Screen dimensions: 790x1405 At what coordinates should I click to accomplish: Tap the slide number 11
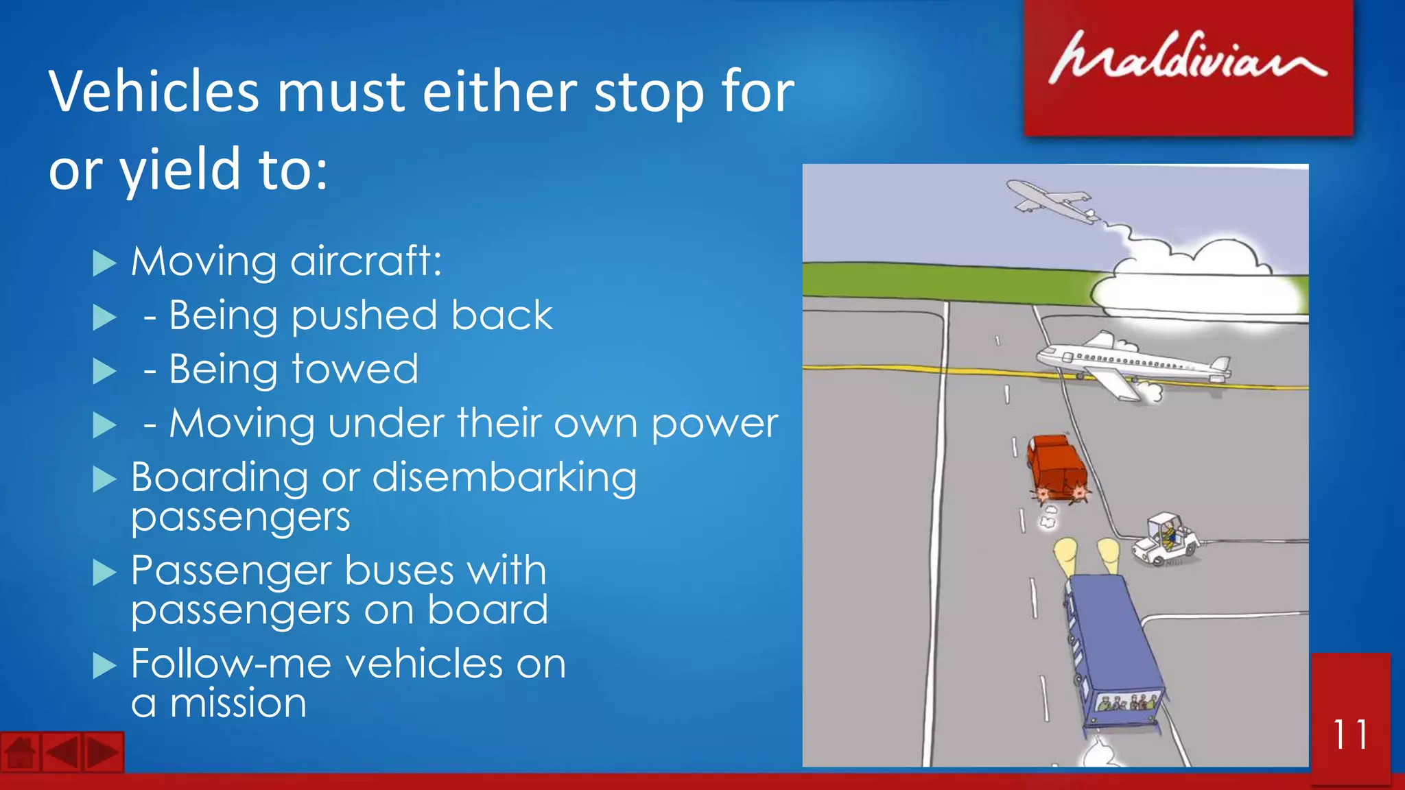[x=1349, y=734]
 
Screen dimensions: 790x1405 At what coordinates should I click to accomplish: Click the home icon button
[x=20, y=753]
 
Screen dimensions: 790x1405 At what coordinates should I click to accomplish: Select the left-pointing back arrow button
[x=62, y=753]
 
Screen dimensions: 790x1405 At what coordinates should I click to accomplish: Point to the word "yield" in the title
[x=180, y=170]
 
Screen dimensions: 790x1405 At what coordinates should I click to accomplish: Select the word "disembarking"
[x=504, y=477]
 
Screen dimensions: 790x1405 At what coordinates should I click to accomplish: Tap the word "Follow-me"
[x=231, y=664]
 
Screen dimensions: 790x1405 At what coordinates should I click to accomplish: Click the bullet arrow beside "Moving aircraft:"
[x=104, y=263]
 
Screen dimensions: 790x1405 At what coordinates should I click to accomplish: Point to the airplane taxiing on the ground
[x=1132, y=366]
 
